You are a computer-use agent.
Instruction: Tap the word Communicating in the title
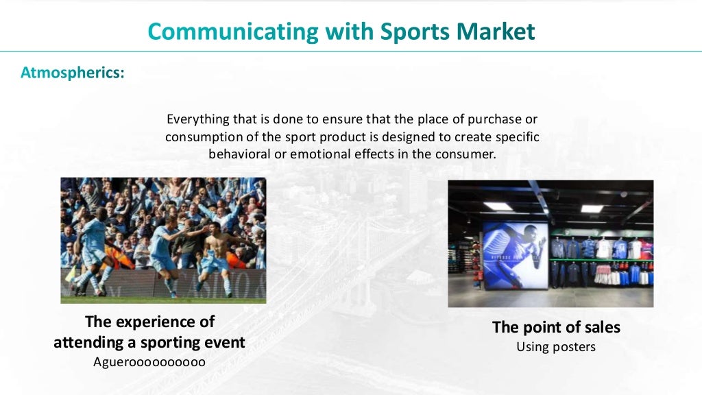point(233,32)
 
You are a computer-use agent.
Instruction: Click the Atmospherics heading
point(73,72)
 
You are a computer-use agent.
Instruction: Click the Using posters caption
point(556,347)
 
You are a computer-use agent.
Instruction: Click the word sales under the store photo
point(600,328)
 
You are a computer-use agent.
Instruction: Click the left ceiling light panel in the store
point(498,206)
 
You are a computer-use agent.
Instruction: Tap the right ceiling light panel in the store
point(592,208)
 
